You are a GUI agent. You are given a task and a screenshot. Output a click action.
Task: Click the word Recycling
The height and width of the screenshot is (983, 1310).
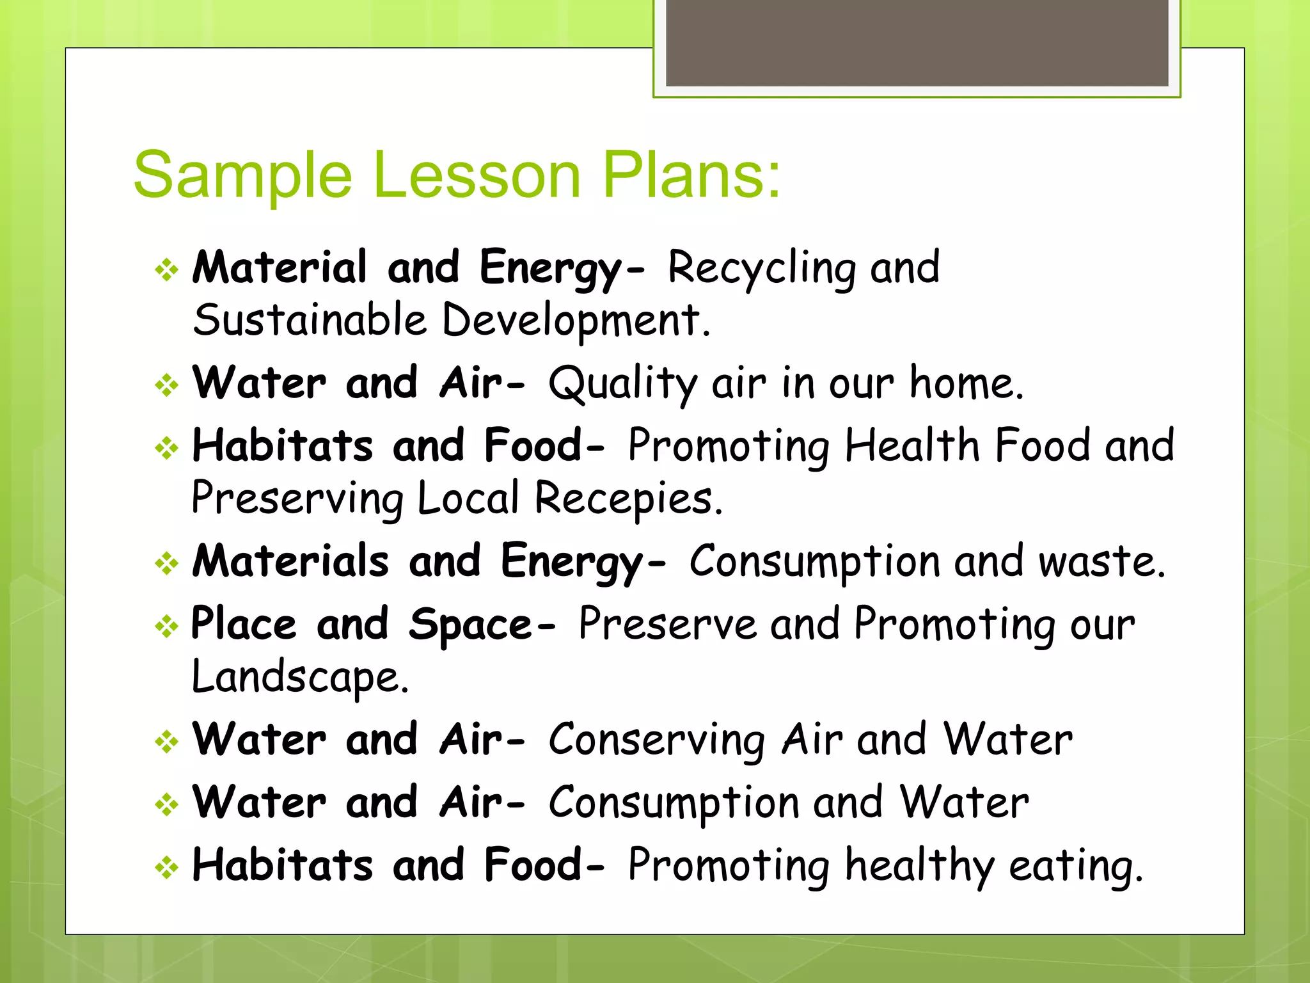tap(761, 268)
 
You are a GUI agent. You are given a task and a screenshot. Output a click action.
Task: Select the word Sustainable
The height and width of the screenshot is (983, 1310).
tap(310, 320)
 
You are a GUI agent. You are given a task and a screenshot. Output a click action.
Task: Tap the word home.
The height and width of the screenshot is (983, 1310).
tap(967, 383)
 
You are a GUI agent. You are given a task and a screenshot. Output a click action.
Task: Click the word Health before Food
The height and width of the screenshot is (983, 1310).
tap(912, 445)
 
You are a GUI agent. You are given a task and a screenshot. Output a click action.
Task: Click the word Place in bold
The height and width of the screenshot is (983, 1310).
tap(244, 624)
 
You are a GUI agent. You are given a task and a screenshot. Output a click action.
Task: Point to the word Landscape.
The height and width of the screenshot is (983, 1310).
tap(300, 677)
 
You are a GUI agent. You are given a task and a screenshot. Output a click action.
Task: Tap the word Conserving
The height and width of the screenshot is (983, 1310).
tap(657, 740)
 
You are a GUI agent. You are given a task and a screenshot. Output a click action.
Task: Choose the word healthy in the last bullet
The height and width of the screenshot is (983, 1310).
tap(920, 866)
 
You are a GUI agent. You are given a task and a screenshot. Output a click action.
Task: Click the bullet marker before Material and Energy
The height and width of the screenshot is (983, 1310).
tap(167, 270)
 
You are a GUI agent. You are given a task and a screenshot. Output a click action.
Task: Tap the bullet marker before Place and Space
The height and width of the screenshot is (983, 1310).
tap(167, 627)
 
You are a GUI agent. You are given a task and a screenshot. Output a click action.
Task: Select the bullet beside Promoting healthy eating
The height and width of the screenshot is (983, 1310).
tap(167, 868)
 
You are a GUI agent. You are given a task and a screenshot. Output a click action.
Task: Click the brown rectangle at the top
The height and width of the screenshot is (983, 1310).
tap(917, 42)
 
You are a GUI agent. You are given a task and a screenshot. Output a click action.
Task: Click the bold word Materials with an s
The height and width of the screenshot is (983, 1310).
tap(290, 561)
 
